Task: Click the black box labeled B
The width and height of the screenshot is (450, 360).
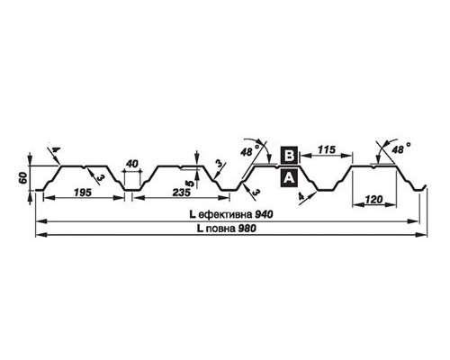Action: [289, 156]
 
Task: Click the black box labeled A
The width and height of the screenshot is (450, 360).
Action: [289, 178]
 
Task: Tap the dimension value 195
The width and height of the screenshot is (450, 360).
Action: [83, 193]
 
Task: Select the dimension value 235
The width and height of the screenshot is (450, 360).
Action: [182, 193]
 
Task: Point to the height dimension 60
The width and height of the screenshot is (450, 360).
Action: [23, 178]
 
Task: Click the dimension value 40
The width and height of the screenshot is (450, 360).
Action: [132, 164]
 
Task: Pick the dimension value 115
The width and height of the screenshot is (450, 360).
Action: [327, 149]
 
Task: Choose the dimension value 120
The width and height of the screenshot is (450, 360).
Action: [374, 199]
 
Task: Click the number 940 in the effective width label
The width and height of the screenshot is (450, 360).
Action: [264, 214]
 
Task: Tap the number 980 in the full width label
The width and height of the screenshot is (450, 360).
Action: [247, 229]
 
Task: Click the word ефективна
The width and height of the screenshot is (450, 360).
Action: [226, 215]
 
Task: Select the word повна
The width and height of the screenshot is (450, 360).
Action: [221, 229]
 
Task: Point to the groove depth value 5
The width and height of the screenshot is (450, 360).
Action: [188, 184]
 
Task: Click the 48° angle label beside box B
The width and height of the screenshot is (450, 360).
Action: [250, 151]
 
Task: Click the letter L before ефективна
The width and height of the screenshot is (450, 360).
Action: [193, 214]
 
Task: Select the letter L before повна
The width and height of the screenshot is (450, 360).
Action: [200, 229]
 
